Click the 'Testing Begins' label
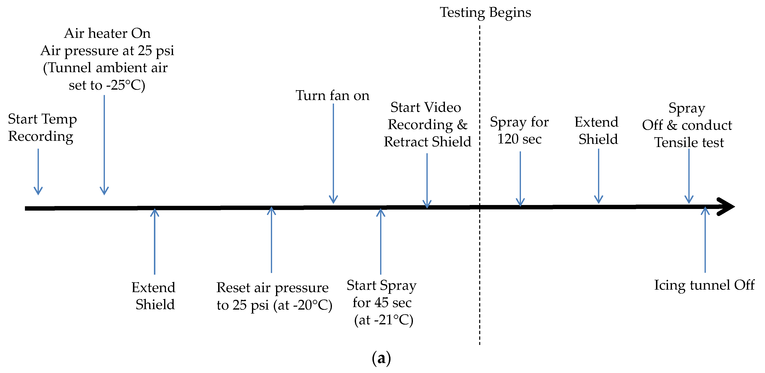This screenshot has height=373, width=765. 485,12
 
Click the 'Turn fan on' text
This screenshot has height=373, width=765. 332,96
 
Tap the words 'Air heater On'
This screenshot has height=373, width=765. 107,33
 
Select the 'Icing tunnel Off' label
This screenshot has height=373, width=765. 704,285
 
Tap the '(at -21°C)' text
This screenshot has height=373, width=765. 383,320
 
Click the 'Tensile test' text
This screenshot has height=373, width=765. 689,142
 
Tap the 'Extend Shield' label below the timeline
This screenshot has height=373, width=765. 154,296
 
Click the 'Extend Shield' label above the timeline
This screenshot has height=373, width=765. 597,131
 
